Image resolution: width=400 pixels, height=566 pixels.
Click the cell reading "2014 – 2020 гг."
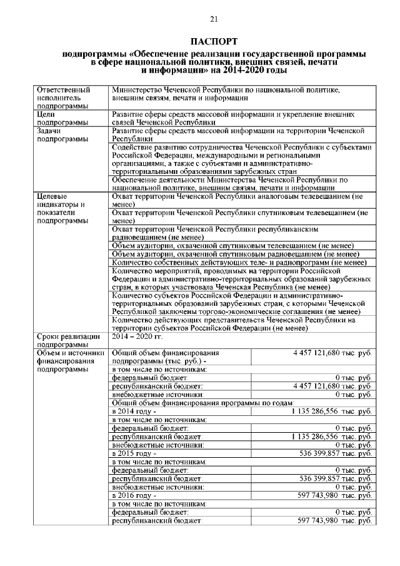point(136,336)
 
